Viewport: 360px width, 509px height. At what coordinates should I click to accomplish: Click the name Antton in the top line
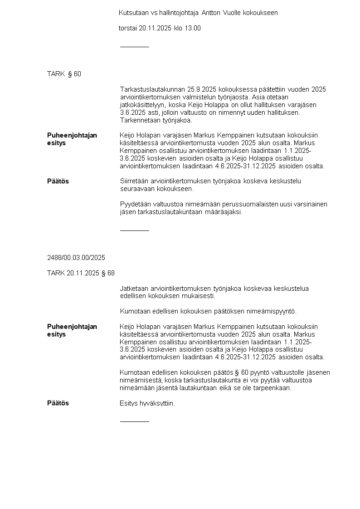click(211, 13)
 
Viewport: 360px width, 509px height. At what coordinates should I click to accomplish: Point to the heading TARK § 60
click(64, 74)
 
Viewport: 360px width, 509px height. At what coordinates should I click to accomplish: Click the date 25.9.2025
click(196, 89)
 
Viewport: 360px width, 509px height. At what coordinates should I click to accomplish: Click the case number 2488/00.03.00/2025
click(76, 258)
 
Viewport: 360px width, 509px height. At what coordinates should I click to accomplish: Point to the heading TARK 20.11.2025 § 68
click(81, 273)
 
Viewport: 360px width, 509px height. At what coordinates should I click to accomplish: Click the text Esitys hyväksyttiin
click(147, 403)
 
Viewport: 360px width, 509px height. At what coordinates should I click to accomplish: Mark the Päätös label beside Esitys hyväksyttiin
click(58, 403)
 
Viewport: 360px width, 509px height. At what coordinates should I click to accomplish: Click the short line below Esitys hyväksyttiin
click(134, 421)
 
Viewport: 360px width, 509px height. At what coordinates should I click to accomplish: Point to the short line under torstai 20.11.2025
click(134, 47)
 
